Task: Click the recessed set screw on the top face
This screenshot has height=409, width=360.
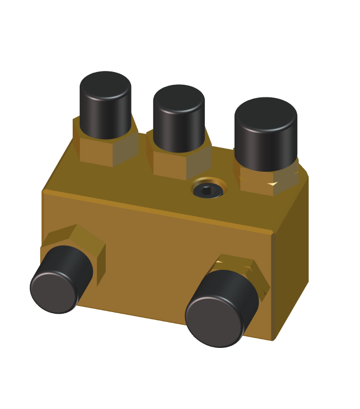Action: [208, 190]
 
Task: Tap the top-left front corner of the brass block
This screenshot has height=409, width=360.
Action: [43, 192]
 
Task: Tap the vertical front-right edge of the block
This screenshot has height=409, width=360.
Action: [272, 286]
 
